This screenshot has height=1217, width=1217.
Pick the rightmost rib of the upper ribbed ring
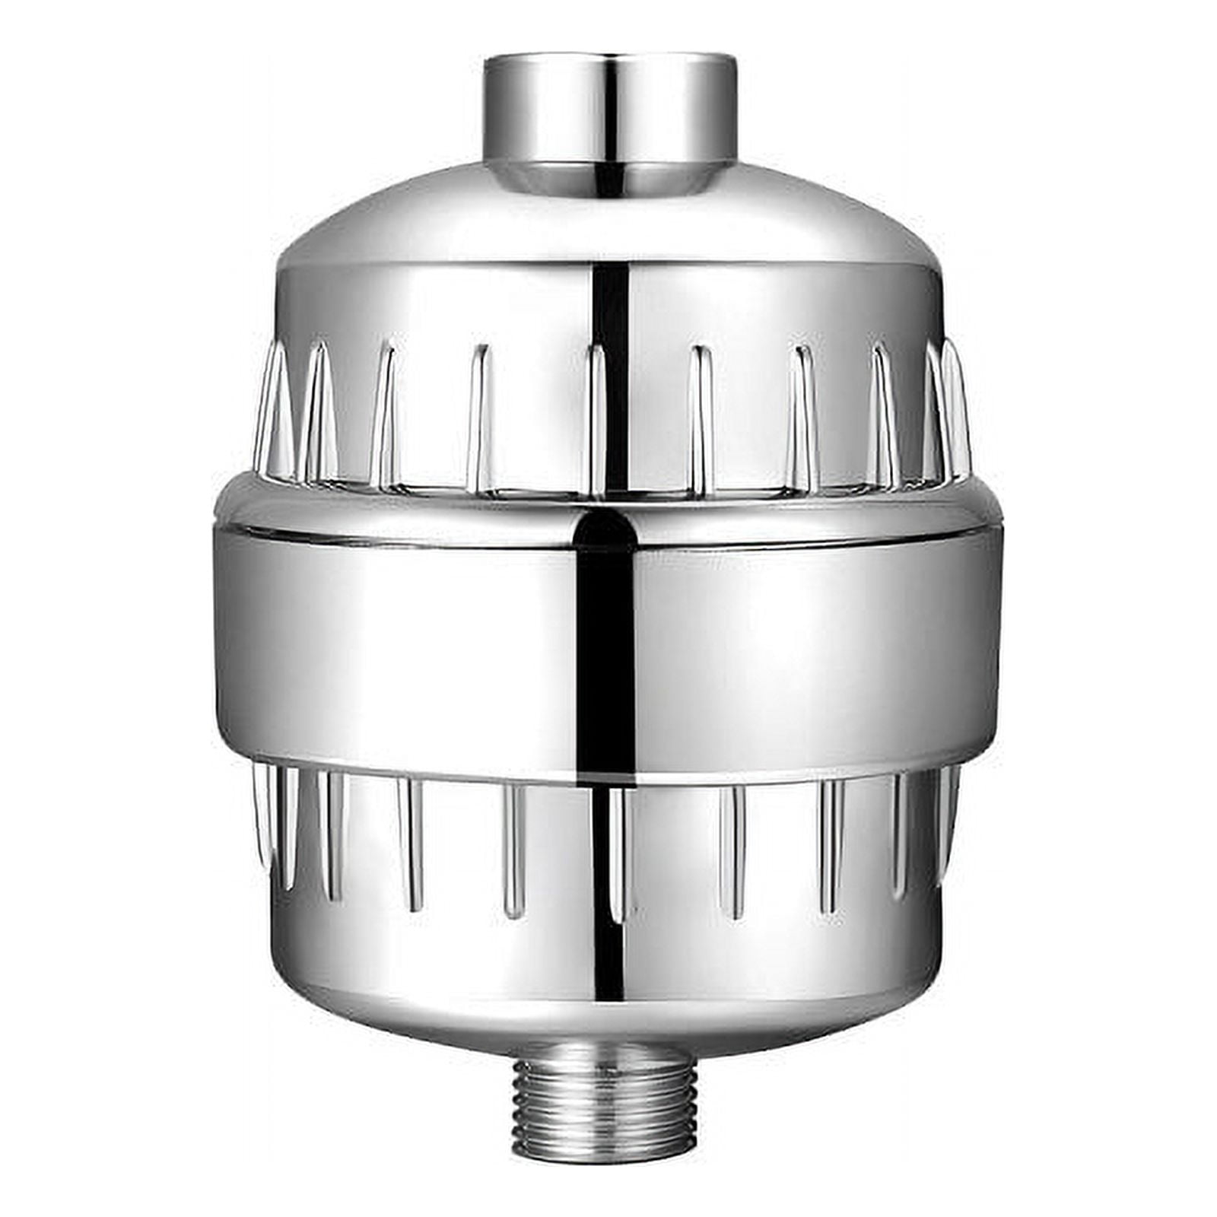[957, 411]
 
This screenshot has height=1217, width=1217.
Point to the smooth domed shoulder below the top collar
[456, 221]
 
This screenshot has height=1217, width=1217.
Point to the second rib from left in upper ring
[317, 411]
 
